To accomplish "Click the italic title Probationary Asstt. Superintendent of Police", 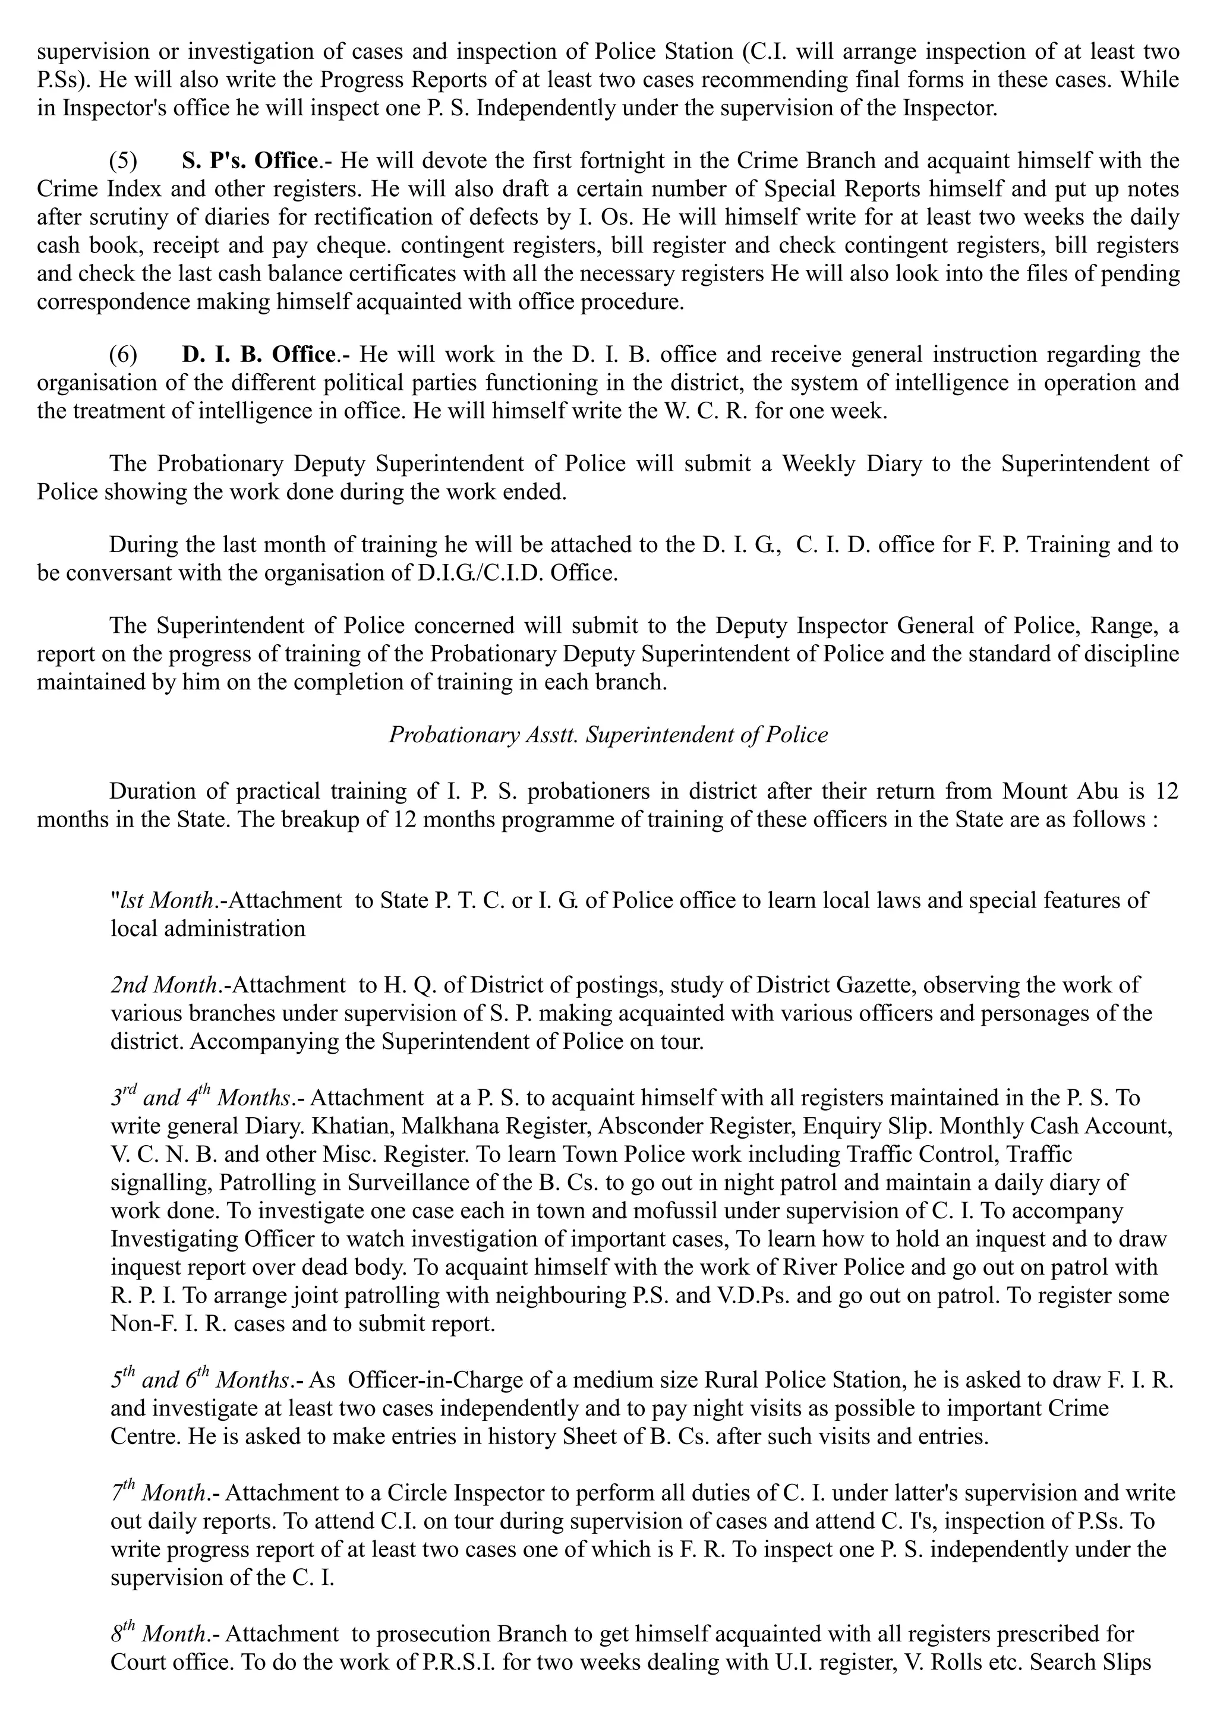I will click(608, 735).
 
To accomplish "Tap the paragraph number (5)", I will click(124, 160).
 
